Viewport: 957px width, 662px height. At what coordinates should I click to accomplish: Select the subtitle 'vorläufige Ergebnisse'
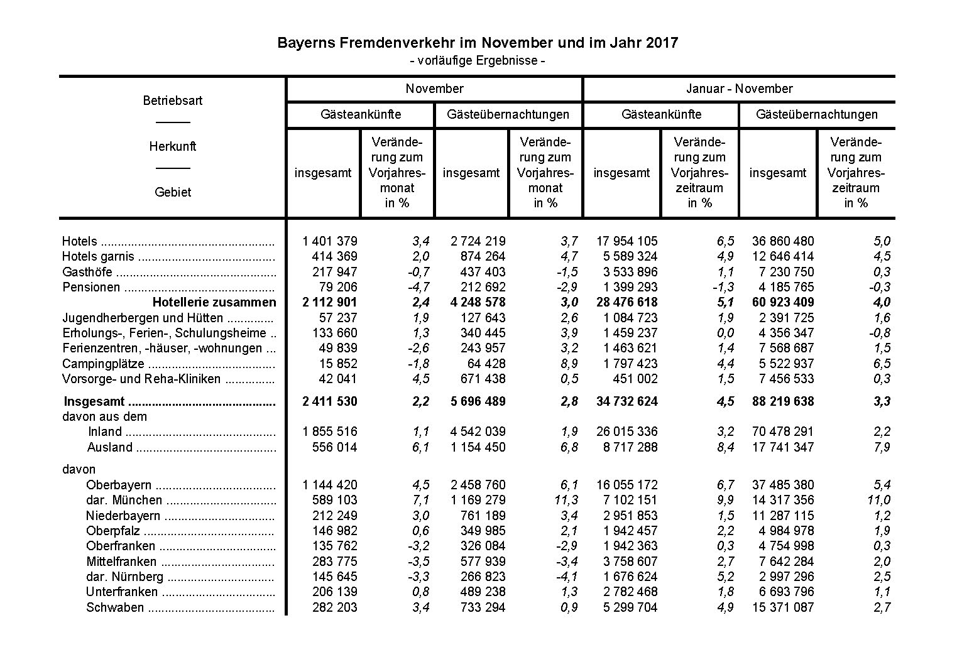(x=478, y=61)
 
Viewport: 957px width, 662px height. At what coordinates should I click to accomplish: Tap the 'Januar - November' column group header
(x=739, y=89)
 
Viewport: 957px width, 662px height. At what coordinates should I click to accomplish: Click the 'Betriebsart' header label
(x=173, y=100)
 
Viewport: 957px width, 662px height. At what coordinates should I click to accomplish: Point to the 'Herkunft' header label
(x=173, y=146)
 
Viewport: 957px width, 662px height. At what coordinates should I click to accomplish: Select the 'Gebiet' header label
(x=173, y=192)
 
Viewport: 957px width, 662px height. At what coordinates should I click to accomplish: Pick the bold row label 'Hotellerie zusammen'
(x=214, y=302)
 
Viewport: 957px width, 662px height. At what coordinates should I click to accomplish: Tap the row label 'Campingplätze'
(x=103, y=364)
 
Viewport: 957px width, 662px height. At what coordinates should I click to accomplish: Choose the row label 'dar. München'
(x=124, y=501)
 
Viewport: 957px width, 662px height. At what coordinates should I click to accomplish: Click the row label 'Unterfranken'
(x=122, y=592)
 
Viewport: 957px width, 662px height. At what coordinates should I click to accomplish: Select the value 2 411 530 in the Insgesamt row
(x=330, y=401)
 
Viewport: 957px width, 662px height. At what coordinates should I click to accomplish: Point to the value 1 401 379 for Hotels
(x=330, y=241)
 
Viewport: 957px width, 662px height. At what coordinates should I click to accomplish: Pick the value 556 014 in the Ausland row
(x=335, y=447)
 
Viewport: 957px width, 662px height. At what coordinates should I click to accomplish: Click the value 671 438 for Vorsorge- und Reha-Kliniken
(x=483, y=379)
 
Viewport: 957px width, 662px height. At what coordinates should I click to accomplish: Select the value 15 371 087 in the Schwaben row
(x=783, y=607)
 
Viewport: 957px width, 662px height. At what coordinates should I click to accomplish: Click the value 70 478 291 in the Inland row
(x=783, y=431)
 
